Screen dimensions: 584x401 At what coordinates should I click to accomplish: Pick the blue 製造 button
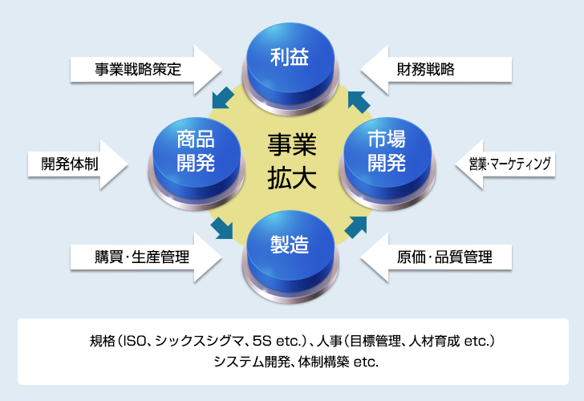[x=290, y=256]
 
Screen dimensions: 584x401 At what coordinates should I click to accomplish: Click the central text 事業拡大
[x=292, y=161]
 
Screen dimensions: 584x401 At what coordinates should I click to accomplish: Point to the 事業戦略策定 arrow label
[x=138, y=70]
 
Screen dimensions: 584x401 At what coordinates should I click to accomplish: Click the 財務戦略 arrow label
[x=426, y=70]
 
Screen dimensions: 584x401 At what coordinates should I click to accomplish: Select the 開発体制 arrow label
[x=70, y=164]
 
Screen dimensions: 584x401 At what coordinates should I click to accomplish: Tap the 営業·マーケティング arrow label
[x=509, y=164]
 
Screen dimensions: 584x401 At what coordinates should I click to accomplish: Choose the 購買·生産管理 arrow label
[x=142, y=257]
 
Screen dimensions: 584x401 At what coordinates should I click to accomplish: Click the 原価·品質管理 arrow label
[x=444, y=257]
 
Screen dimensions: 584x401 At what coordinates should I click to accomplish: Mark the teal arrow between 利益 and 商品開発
[x=223, y=98]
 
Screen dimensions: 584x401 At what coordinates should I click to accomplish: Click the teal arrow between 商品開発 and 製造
[x=222, y=228]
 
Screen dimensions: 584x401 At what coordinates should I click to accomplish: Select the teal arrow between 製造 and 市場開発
[x=356, y=227]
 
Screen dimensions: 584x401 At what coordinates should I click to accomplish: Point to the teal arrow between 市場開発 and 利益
[x=359, y=102]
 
